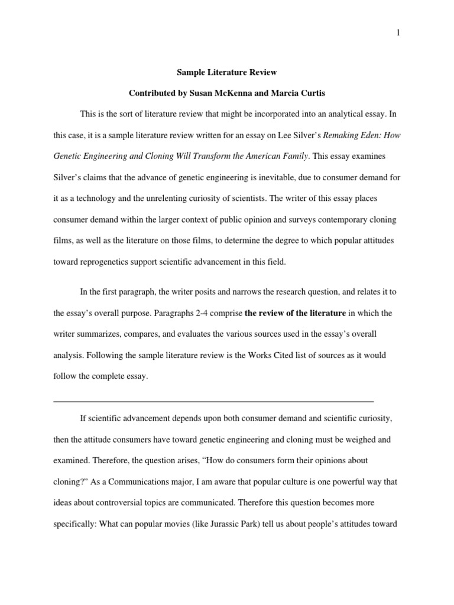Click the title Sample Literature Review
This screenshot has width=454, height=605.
click(227, 73)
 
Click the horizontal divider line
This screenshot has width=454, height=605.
click(213, 401)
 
